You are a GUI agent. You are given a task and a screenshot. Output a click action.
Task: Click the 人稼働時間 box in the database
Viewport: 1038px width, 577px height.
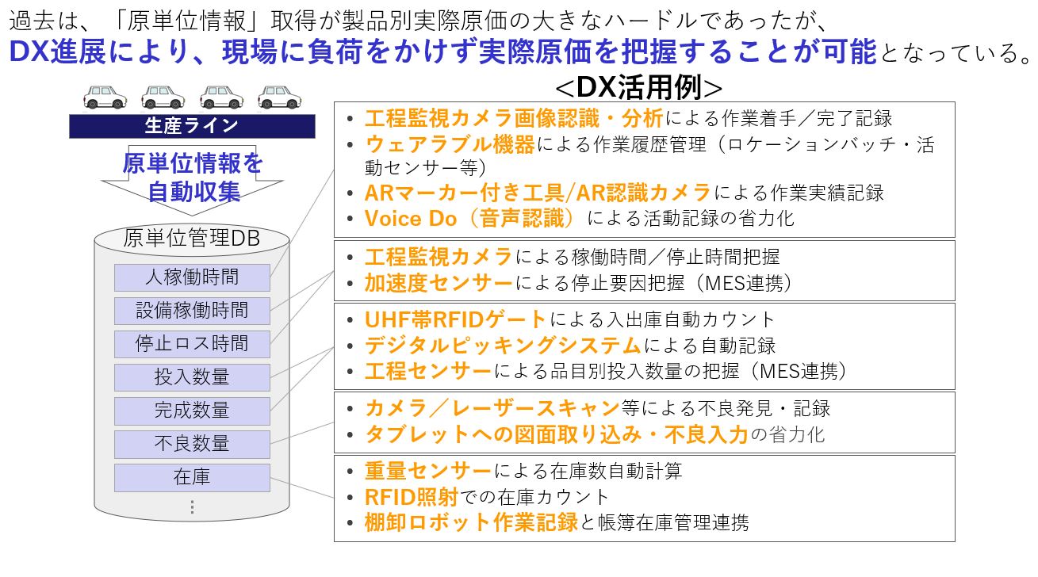(193, 277)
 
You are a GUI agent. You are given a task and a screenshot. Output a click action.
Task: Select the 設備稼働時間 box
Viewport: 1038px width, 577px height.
(193, 311)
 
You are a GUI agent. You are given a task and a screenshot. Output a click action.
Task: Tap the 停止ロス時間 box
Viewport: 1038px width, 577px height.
(193, 344)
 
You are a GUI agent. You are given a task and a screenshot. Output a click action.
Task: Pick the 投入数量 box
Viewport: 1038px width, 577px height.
(193, 377)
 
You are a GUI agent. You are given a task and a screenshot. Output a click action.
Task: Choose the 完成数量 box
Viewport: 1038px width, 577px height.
(193, 411)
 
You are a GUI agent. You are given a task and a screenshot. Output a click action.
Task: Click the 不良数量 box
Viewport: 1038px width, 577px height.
(193, 444)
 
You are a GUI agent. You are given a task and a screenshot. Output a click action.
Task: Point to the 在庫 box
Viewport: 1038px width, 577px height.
(193, 477)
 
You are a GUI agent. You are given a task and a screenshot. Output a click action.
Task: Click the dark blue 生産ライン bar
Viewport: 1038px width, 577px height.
(193, 126)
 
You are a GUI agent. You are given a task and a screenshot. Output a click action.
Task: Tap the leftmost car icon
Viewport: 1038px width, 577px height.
(105, 97)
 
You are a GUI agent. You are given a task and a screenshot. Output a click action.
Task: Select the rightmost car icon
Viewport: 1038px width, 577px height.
(279, 97)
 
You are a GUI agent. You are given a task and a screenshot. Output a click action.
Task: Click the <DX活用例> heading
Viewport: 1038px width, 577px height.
(638, 87)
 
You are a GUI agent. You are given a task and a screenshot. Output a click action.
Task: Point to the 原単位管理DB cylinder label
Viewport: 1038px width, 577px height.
(192, 238)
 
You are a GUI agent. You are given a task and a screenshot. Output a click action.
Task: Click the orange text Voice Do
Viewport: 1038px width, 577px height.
(411, 219)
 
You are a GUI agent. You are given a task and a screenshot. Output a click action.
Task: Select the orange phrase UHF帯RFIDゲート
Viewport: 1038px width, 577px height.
(455, 319)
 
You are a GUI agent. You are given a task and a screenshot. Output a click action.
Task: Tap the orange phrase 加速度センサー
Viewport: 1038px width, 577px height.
(439, 283)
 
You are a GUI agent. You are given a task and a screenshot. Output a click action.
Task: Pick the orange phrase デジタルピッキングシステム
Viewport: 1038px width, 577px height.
(504, 346)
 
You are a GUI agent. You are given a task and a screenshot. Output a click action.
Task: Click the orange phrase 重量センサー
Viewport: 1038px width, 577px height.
(427, 471)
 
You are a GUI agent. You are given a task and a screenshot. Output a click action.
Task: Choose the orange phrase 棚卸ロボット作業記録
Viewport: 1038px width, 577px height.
(471, 522)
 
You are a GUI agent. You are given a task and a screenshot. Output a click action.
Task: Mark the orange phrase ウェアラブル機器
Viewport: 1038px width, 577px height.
(450, 144)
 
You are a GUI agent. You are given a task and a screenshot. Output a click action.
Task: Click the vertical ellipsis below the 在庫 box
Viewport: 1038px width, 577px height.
(193, 507)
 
